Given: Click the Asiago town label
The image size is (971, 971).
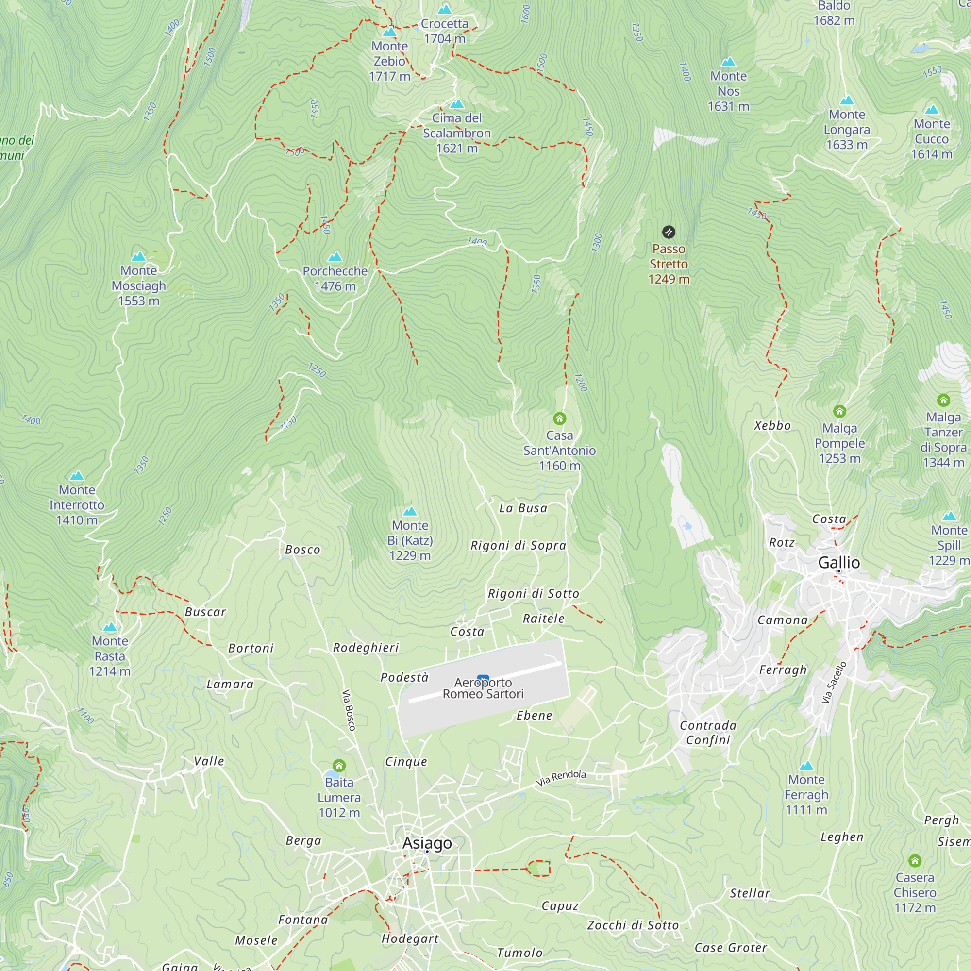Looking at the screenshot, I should click(x=427, y=843).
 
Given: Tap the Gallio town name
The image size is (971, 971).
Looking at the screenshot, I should click(x=839, y=562).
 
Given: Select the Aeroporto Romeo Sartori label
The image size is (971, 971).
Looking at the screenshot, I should click(x=483, y=688).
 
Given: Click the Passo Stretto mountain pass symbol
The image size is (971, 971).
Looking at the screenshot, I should click(x=669, y=232).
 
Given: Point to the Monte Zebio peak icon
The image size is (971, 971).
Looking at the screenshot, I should click(x=389, y=33).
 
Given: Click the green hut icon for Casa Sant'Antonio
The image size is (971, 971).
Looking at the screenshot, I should click(x=559, y=418).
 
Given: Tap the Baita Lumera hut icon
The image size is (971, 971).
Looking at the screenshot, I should click(x=339, y=766).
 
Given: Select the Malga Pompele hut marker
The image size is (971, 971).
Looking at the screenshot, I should click(x=839, y=411).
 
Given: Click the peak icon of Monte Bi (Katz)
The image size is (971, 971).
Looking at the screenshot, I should click(x=410, y=511).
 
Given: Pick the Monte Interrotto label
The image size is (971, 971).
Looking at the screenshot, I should click(x=76, y=504).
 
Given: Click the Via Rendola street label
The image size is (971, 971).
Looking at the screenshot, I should click(x=561, y=777).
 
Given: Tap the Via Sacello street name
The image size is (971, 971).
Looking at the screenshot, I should click(x=834, y=682).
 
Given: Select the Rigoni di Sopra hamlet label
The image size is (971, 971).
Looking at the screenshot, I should click(x=518, y=545).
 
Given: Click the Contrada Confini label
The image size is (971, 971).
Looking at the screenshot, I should click(x=708, y=732).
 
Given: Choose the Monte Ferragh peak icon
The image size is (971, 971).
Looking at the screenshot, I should click(x=806, y=766).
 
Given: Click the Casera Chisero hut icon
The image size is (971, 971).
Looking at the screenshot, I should click(x=915, y=860).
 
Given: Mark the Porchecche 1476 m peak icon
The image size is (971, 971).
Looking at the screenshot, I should click(x=335, y=257).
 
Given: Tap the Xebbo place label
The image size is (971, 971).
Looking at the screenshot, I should click(x=772, y=426).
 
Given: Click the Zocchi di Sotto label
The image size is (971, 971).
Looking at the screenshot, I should click(x=633, y=925).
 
